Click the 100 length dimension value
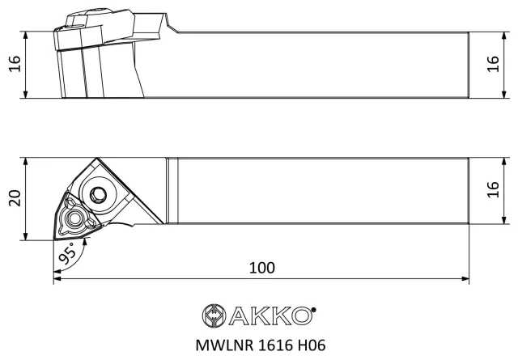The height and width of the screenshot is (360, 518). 261,268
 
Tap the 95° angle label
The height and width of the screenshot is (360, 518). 68,253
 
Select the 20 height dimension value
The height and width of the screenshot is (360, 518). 15,198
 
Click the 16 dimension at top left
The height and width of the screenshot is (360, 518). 15,63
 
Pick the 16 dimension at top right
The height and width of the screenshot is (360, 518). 493,63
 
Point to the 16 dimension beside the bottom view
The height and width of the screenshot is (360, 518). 493,189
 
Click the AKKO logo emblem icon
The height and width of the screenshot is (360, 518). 214,316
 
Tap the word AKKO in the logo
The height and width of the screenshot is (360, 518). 270,316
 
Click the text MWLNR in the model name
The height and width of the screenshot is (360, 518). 224,345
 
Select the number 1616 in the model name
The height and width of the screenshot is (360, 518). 275,345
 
